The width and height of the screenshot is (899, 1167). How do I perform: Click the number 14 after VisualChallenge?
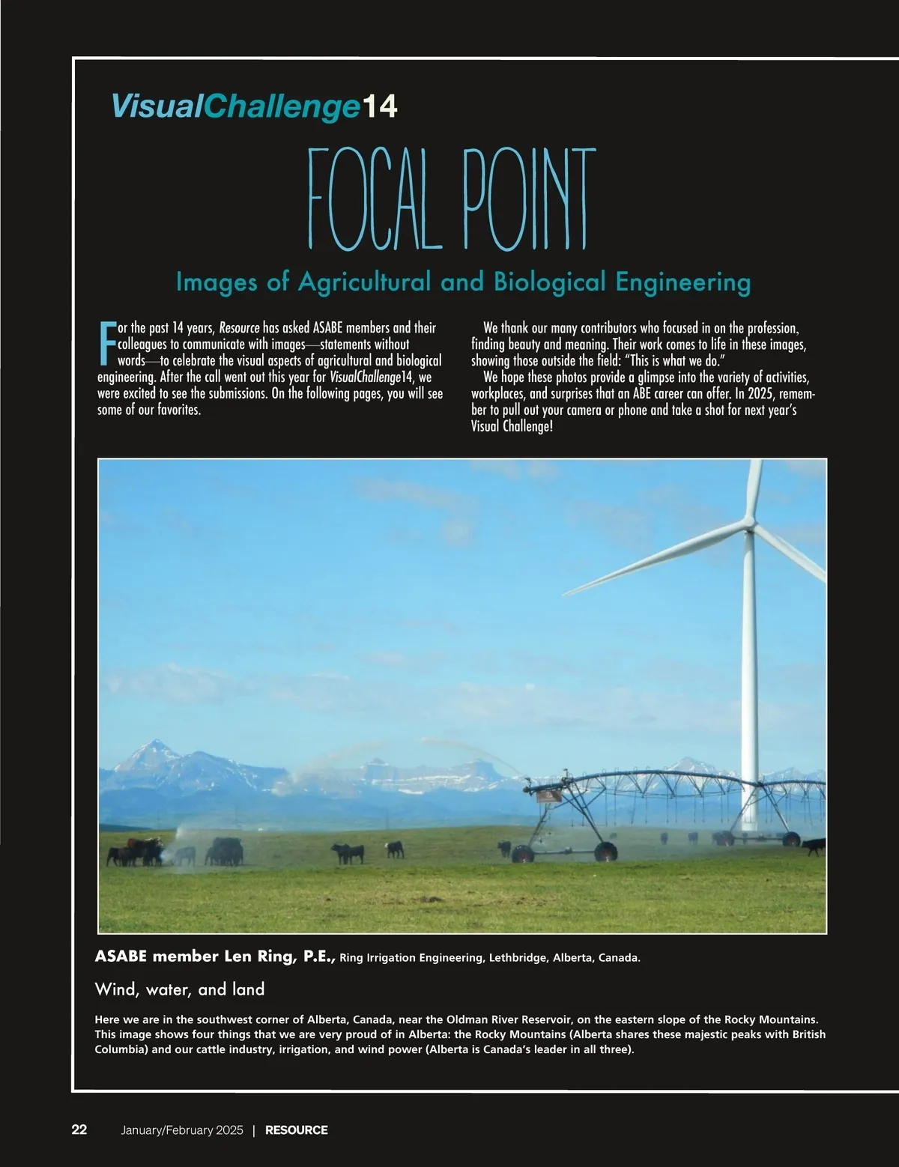[x=380, y=106]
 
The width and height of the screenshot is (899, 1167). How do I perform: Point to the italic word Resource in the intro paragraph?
[x=239, y=328]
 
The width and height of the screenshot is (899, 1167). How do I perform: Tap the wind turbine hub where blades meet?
[x=749, y=528]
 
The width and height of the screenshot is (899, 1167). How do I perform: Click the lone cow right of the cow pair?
[x=395, y=849]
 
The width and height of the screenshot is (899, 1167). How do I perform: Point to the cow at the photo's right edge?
[x=814, y=846]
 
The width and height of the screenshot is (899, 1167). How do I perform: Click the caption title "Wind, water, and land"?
[x=180, y=989]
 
